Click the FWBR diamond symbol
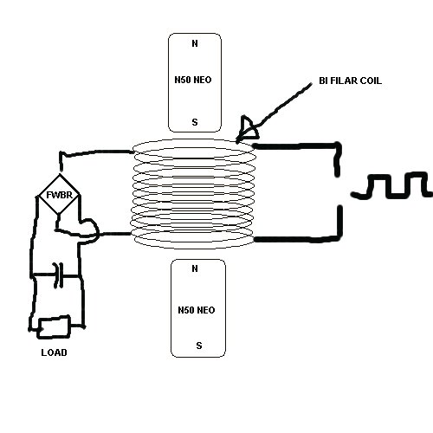[x=59, y=195]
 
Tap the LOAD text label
[x=54, y=352]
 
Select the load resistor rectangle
[x=55, y=326]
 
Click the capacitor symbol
[x=58, y=275]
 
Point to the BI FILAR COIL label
[x=350, y=81]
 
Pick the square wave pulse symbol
[x=391, y=185]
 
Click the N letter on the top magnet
[x=195, y=43]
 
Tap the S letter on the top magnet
[x=195, y=122]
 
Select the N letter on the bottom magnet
[x=195, y=268]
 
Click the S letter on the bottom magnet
[x=199, y=346]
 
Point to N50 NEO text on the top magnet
[x=193, y=80]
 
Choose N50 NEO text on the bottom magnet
[x=197, y=310]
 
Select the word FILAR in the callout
[x=342, y=81]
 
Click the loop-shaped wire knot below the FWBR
[x=88, y=229]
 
